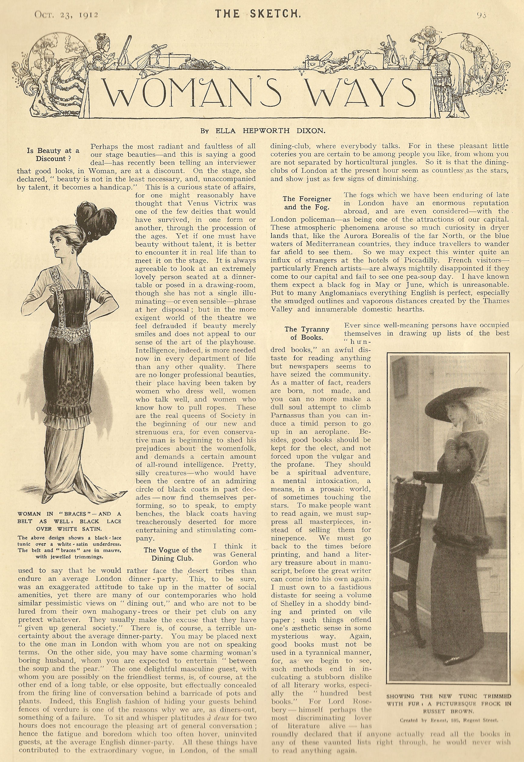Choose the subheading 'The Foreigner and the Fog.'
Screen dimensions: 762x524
pyautogui.click(x=307, y=203)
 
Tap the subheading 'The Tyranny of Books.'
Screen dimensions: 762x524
pyautogui.click(x=307, y=333)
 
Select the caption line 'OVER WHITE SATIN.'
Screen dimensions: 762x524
pyautogui.click(x=69, y=529)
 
